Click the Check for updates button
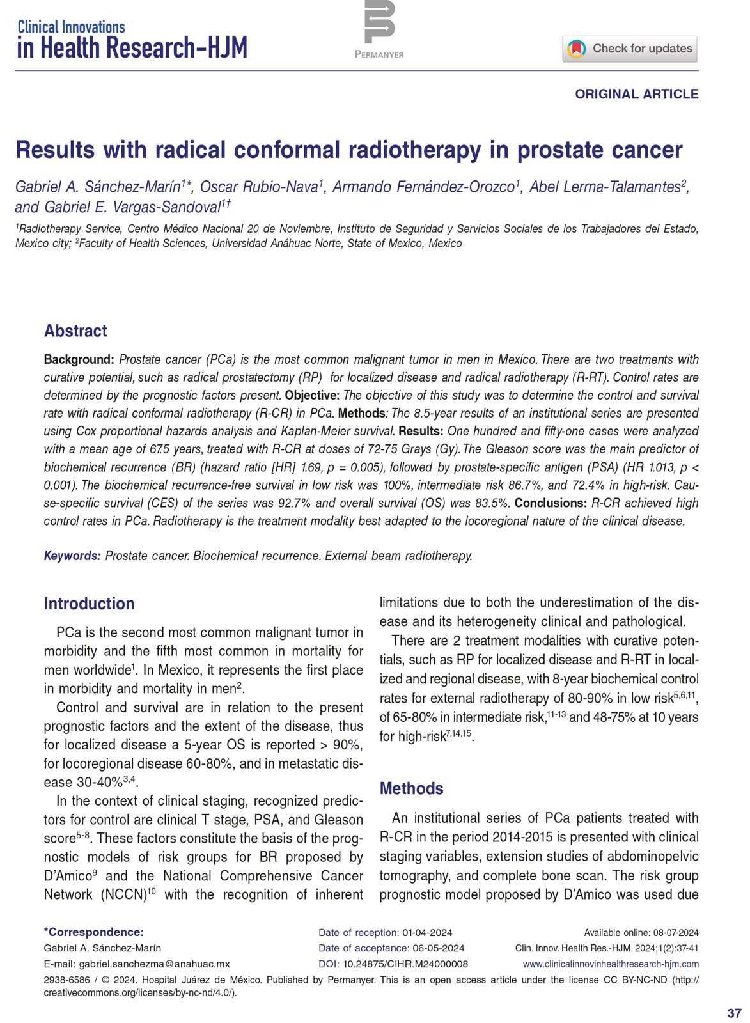630,49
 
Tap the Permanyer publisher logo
379,29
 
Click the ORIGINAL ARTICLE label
636,94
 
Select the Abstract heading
75,331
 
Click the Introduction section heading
89,604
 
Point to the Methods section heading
411,788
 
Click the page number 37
734,1013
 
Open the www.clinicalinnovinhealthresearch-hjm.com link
611,964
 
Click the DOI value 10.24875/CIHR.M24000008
405,964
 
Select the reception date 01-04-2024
427,933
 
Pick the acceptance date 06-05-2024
439,948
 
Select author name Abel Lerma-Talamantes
604,187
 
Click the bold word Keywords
72,556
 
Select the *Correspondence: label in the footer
93,933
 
